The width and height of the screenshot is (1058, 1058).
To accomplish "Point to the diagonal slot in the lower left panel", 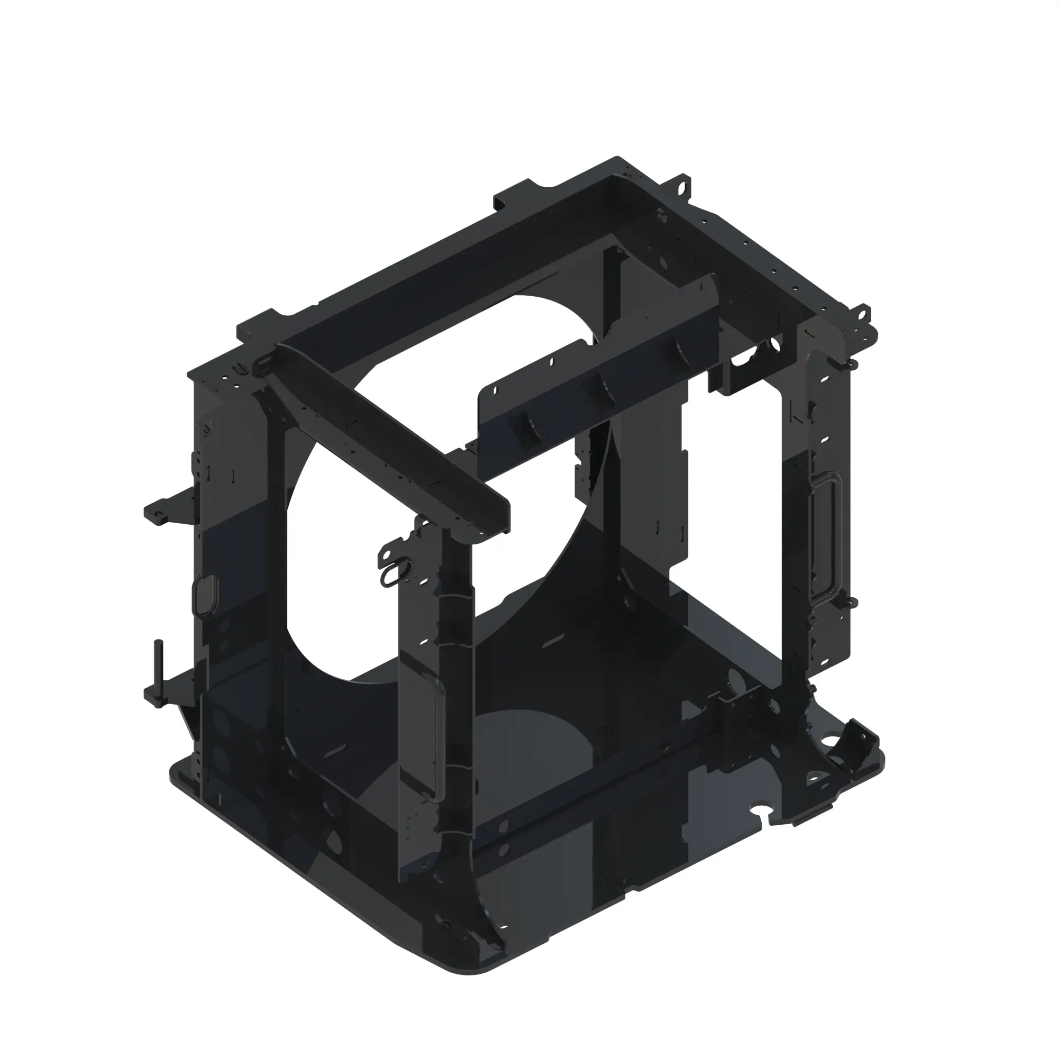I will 334,753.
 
